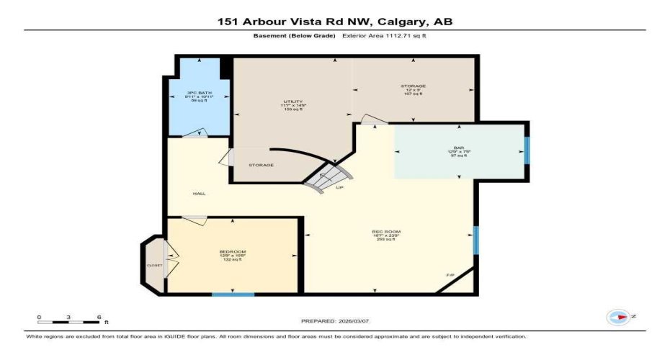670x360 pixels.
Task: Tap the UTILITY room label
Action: pos(292,102)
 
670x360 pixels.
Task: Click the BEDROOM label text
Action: pos(233,252)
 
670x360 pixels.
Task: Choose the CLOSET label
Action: pos(155,265)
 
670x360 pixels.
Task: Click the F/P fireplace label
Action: pos(450,275)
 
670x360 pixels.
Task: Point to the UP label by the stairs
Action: pos(339,188)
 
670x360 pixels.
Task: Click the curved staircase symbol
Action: pos(329,175)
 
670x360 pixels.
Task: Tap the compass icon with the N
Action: pos(618,316)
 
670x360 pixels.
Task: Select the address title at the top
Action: pos(335,22)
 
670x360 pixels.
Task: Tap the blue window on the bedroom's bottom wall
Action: pos(233,294)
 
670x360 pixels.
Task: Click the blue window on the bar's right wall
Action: pos(527,150)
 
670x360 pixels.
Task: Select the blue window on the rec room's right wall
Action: pos(475,240)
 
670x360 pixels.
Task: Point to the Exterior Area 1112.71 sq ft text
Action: pos(389,35)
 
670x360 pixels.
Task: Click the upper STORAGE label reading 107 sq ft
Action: pos(414,86)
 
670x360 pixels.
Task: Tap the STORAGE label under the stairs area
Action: pos(261,166)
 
